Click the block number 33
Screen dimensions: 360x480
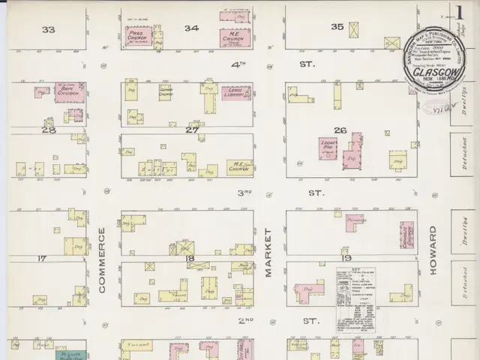49,29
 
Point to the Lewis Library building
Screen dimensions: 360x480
235,92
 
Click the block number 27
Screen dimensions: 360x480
192,129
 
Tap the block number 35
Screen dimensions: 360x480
337,27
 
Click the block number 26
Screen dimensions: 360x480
340,130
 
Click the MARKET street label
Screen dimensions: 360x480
268,253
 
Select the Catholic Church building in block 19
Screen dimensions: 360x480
407,235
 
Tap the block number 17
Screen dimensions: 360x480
42,258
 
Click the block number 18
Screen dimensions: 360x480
190,258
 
